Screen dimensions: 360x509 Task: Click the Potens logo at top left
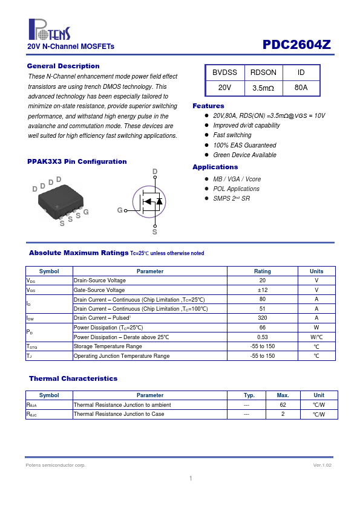[x=50, y=30]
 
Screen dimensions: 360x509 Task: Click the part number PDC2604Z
[x=296, y=45]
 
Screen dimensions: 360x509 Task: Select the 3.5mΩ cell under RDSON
[x=263, y=88]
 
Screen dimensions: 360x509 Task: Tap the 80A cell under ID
[x=301, y=88]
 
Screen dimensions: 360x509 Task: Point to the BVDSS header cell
[x=225, y=73]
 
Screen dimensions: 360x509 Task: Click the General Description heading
[x=64, y=66]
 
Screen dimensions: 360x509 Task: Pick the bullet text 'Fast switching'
[x=232, y=135]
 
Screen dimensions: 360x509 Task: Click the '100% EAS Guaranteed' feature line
[x=244, y=145]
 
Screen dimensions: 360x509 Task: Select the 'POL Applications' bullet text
[x=236, y=189]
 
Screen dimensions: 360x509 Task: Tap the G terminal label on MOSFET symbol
[x=120, y=210]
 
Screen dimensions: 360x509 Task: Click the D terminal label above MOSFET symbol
[x=155, y=172]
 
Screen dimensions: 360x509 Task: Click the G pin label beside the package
[x=86, y=212]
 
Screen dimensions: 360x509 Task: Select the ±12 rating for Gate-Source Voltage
[x=263, y=290]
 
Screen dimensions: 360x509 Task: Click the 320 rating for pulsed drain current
[x=263, y=318]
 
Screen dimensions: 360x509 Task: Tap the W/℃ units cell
[x=316, y=337]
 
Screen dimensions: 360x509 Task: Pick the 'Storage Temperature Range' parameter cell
[x=108, y=346]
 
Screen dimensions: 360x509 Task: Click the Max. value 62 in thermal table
[x=283, y=405]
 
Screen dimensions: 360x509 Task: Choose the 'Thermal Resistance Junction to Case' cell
[x=119, y=414]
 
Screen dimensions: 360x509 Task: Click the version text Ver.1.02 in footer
[x=322, y=465]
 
